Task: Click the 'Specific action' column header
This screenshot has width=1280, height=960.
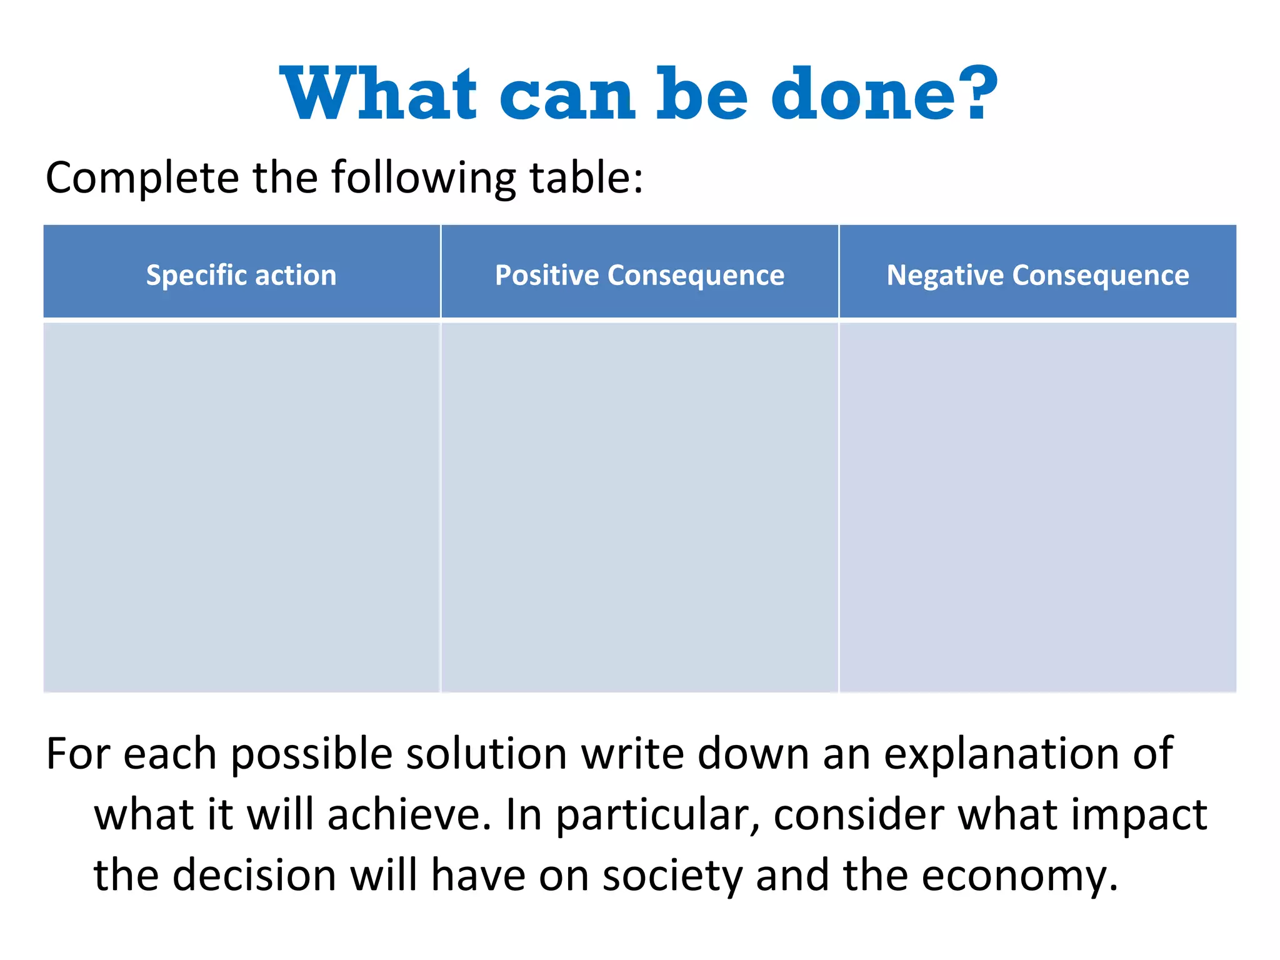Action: tap(241, 275)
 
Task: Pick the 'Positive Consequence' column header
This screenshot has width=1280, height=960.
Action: tap(639, 275)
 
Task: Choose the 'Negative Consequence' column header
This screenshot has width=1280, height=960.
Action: tap(1037, 275)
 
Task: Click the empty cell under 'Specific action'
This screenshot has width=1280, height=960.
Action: tap(241, 506)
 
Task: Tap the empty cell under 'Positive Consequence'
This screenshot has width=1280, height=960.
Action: tap(639, 506)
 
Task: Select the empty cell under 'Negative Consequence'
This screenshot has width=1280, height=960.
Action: tap(1037, 506)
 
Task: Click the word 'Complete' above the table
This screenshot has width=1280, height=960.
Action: tap(142, 179)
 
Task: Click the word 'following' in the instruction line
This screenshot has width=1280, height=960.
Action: tap(424, 179)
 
